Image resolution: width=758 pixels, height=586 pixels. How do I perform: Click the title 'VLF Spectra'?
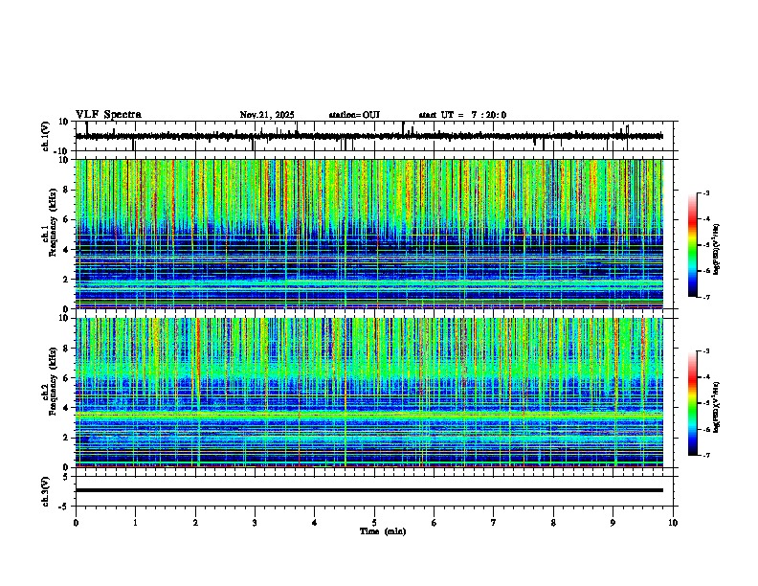[108, 115]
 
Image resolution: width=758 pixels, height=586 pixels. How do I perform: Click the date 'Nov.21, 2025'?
[266, 115]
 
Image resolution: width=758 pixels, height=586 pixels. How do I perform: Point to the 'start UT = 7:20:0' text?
[462, 115]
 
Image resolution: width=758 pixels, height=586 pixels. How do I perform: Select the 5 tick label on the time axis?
[374, 523]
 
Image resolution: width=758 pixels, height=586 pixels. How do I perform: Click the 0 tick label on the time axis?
[76, 523]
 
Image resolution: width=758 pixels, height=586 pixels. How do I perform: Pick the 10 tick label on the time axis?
[673, 523]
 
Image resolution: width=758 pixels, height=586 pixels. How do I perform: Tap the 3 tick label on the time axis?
[255, 523]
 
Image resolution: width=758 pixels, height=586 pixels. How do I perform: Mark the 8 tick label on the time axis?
[553, 523]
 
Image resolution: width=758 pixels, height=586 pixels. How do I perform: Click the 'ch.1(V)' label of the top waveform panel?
[45, 136]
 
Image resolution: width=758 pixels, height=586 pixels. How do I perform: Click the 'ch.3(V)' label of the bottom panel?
[45, 489]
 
